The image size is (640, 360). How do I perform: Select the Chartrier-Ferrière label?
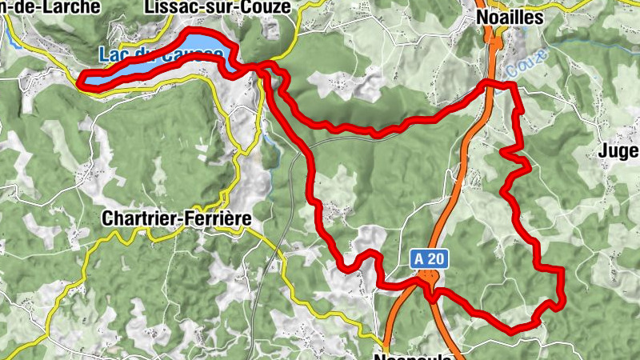click(x=177, y=218)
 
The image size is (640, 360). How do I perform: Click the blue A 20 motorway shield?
click(x=430, y=259)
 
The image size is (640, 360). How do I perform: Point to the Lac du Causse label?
click(x=162, y=54)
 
